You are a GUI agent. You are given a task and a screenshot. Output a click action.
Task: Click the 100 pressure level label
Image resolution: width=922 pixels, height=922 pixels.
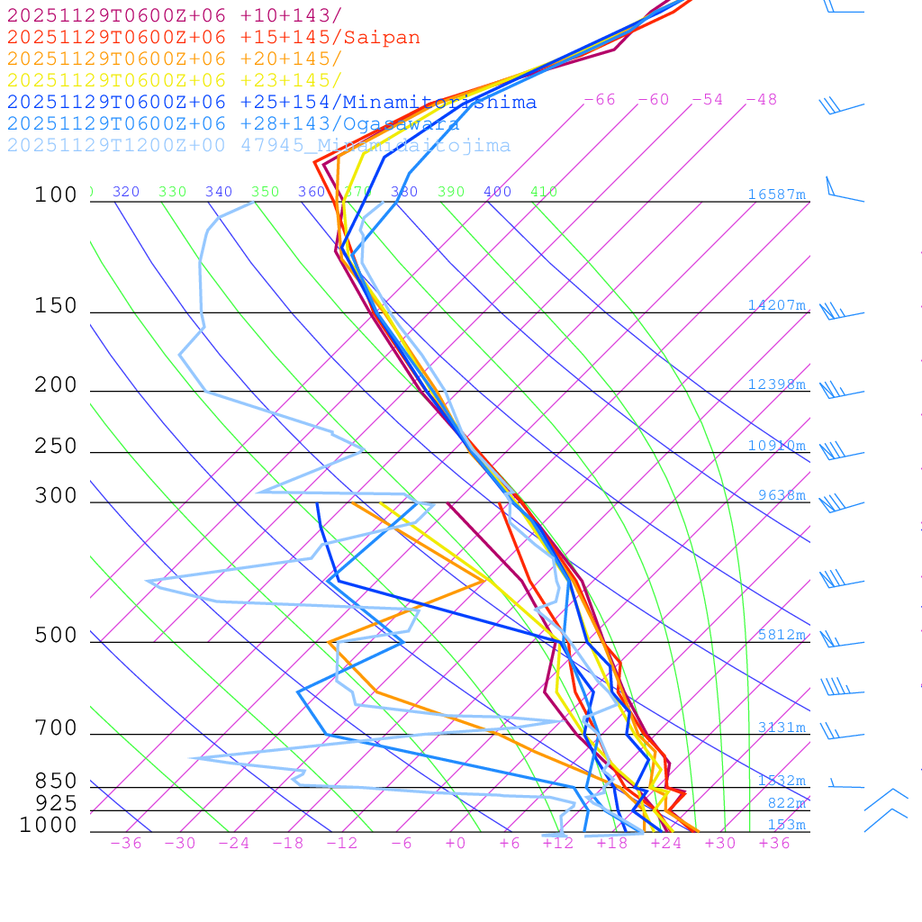point(56,194)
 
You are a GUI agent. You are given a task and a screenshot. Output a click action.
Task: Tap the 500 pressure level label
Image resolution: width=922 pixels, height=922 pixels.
point(56,636)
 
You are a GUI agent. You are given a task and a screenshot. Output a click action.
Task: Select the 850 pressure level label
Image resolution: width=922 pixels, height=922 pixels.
point(56,782)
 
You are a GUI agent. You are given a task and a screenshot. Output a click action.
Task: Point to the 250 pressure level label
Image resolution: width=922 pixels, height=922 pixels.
point(56,447)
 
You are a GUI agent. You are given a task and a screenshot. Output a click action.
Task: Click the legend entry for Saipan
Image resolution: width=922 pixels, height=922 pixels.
point(213,38)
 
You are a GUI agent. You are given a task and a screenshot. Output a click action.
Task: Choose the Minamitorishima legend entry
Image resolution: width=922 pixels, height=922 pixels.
point(271,103)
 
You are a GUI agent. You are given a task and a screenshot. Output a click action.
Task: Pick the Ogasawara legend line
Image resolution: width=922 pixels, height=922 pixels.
point(233,124)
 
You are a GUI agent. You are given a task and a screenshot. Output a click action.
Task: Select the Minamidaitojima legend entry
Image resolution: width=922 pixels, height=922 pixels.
point(258,146)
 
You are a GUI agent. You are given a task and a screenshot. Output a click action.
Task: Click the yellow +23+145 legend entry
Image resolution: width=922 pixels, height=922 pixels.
point(174,81)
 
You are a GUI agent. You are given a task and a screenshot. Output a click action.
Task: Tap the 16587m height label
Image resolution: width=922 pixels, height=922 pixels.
point(777,194)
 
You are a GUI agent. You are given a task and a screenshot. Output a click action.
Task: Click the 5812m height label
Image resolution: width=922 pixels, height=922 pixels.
point(782,635)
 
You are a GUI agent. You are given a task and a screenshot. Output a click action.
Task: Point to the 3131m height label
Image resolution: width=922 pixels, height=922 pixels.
point(782,728)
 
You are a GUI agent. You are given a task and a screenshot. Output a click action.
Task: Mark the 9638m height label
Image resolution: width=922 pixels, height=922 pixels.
point(782,495)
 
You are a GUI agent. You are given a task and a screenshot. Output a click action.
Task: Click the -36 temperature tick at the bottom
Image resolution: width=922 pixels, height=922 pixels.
point(125,843)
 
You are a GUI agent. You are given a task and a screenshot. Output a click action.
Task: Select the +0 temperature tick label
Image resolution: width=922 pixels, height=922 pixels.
point(456,843)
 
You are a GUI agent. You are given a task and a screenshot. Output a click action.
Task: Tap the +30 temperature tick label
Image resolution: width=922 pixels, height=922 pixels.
point(720,843)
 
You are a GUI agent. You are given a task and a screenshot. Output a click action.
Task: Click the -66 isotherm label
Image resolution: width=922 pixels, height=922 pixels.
point(600,100)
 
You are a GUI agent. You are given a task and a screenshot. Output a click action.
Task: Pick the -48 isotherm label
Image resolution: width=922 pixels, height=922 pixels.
point(762,100)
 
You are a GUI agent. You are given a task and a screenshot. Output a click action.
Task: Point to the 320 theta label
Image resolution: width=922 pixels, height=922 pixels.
point(126,192)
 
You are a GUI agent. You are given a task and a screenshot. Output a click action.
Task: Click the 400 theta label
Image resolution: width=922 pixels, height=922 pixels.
point(497,192)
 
